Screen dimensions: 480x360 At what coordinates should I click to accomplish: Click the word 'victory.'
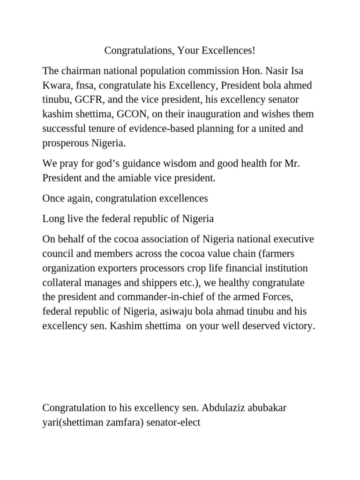tap(297, 326)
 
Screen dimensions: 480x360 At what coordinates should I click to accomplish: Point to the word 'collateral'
tap(62, 283)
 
